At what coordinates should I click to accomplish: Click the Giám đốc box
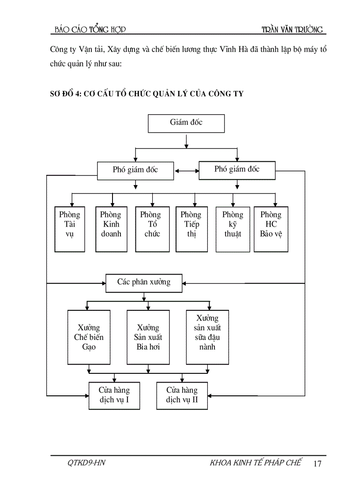186,123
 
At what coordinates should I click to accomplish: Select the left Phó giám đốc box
135,170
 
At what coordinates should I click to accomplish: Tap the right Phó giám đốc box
237,170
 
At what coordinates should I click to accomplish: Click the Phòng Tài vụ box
70,229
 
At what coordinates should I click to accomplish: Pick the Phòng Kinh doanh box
111,229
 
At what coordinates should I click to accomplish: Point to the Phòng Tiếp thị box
191,229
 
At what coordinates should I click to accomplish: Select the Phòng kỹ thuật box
232,229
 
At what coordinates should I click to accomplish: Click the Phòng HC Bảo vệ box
271,229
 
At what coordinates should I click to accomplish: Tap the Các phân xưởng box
144,282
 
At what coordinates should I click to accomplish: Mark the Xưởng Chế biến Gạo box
88,337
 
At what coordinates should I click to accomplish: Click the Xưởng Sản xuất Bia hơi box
148,337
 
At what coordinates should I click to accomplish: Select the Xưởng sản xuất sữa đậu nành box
207,337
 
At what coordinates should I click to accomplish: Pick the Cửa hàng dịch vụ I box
114,395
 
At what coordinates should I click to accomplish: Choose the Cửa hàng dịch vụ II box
182,395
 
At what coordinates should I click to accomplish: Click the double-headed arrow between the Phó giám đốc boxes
186,171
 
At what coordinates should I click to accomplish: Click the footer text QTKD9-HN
86,463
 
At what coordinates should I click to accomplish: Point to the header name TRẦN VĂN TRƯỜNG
292,30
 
